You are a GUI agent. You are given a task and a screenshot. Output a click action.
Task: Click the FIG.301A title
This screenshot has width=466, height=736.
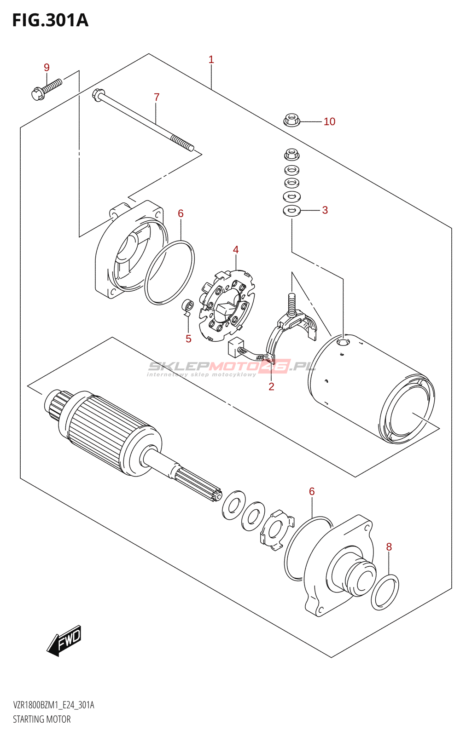(50, 20)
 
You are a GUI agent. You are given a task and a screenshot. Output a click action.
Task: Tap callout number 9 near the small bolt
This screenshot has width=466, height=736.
(47, 68)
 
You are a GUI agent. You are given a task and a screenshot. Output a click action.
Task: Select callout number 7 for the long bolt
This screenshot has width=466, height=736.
(157, 97)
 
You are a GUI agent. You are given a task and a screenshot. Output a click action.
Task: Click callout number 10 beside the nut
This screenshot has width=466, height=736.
(329, 121)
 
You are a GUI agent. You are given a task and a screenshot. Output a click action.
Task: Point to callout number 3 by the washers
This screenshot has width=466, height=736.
(325, 210)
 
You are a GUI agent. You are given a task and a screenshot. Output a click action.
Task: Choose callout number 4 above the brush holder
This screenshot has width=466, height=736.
(236, 250)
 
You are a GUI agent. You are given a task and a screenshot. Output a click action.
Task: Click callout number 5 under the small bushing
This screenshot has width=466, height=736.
(188, 339)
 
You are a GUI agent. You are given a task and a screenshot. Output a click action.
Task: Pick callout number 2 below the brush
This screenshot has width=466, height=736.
(271, 386)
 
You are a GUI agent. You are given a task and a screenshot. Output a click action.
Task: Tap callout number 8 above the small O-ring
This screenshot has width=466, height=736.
(389, 547)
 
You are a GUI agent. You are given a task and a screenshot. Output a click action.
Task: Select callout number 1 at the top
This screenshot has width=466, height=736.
(211, 59)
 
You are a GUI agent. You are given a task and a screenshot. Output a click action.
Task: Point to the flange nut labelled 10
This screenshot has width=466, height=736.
(291, 121)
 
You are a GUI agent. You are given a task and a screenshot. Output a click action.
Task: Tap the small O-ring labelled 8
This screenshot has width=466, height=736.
(385, 592)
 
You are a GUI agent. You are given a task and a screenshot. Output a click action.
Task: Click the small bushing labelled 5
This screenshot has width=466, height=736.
(187, 305)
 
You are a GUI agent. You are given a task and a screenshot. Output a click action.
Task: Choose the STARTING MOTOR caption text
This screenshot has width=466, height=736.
(42, 719)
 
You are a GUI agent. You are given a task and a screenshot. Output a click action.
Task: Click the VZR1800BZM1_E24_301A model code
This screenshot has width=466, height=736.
(53, 705)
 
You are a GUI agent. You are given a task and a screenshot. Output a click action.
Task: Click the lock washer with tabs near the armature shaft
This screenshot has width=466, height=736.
(276, 530)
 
